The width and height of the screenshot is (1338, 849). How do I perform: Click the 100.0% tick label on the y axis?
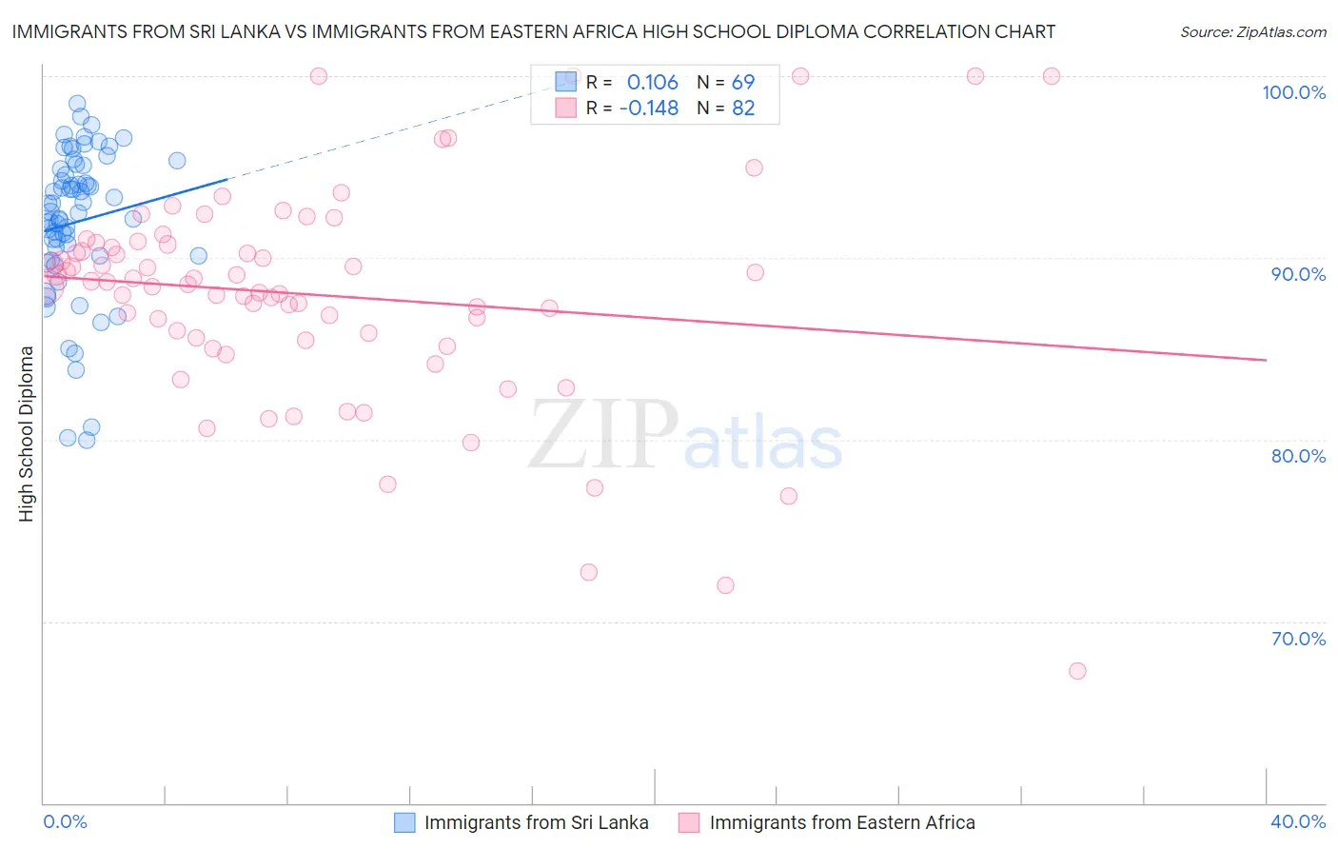(1293, 92)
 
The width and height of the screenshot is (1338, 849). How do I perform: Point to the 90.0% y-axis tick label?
(1298, 274)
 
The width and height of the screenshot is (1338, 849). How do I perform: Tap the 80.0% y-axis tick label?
(1298, 456)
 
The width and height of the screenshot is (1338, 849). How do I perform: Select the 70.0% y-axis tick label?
(1298, 638)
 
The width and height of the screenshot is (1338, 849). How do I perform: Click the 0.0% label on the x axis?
(65, 821)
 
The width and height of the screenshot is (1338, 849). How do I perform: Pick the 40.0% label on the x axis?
(1298, 821)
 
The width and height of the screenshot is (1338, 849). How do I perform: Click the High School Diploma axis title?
(26, 433)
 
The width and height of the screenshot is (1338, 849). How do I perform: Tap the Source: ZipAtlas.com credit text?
(1252, 32)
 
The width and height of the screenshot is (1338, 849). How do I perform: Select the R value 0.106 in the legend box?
(652, 83)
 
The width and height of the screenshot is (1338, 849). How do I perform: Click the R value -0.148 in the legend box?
(648, 109)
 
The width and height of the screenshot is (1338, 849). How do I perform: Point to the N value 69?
(742, 83)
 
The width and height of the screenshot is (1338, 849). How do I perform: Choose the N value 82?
(742, 109)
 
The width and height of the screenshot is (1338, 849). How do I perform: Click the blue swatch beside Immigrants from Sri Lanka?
(404, 822)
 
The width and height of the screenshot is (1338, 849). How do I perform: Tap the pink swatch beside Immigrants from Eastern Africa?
(689, 822)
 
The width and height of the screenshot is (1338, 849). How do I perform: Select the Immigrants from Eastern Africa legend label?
(841, 822)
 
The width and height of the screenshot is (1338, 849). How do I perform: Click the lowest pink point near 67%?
(1077, 671)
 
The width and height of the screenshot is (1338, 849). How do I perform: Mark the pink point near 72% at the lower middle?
(725, 585)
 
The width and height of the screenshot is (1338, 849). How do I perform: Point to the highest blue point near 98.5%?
(77, 104)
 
